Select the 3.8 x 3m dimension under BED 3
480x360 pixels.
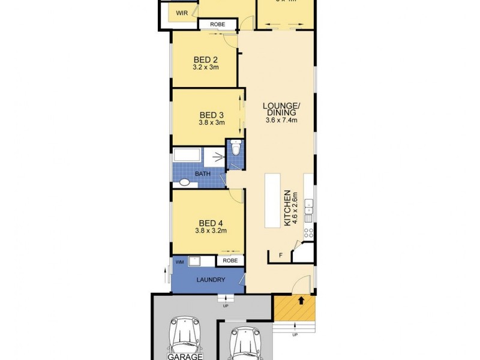(x=211, y=122)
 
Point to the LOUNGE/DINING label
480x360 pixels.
(x=281, y=111)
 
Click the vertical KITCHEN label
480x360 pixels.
(x=288, y=208)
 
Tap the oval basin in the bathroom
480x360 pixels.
(x=185, y=182)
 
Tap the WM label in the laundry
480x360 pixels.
(x=179, y=262)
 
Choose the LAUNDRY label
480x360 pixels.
(x=210, y=280)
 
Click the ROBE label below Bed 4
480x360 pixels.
(x=229, y=261)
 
